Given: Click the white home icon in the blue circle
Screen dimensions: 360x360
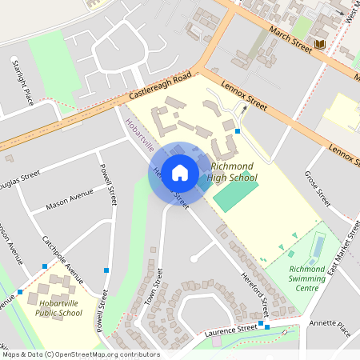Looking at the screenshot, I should pyautogui.click(x=180, y=172).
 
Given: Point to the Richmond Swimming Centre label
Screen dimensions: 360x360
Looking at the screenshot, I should pyautogui.click(x=307, y=278).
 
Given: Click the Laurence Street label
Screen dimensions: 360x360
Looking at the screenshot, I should pyautogui.click(x=230, y=330).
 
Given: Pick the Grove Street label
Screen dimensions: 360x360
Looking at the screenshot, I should pyautogui.click(x=318, y=189).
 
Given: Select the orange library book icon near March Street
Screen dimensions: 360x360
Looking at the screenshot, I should pyautogui.click(x=320, y=43).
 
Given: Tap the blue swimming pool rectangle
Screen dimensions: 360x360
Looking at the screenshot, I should pyautogui.click(x=318, y=246).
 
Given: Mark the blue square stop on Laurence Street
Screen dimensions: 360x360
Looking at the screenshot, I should pyautogui.click(x=266, y=326).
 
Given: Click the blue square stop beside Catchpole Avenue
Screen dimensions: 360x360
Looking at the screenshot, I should pyautogui.click(x=45, y=266).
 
